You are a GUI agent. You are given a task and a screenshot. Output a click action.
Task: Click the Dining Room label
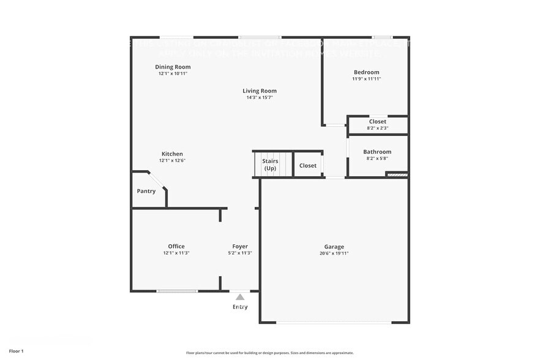coord(173,67)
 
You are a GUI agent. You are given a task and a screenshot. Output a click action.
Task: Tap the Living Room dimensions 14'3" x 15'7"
coord(260,97)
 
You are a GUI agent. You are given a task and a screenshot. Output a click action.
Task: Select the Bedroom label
coord(366,72)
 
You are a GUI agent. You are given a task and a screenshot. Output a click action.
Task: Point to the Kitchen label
coord(172,154)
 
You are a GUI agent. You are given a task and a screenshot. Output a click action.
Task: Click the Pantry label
coord(146,191)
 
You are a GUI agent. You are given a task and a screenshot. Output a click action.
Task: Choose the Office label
coord(176,246)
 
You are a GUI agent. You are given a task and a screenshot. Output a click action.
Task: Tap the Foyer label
coord(240,246)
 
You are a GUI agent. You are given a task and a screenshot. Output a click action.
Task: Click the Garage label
coord(334,246)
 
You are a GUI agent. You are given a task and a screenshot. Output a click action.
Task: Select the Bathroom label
coord(377,152)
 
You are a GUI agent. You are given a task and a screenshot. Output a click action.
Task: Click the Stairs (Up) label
coord(270,165)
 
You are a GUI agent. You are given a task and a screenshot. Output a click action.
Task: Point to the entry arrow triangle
coord(240,297)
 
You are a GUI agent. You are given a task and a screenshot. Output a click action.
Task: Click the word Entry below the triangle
coord(240,307)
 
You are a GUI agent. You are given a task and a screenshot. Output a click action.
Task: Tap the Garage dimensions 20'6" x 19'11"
coord(334,253)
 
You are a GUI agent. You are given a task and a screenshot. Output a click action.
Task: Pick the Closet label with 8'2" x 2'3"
coord(377,122)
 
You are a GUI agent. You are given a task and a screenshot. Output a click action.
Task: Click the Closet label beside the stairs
coord(308,165)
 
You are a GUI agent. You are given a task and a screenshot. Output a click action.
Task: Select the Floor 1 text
coord(16,351)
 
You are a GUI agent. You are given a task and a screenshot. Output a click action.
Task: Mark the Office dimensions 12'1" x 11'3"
coord(176,253)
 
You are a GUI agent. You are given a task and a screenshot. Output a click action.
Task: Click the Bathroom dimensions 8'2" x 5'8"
coord(377,159)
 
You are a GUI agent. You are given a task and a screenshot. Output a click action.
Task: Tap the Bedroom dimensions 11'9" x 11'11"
coord(366,79)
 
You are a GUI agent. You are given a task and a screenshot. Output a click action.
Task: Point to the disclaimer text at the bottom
coord(269,353)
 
